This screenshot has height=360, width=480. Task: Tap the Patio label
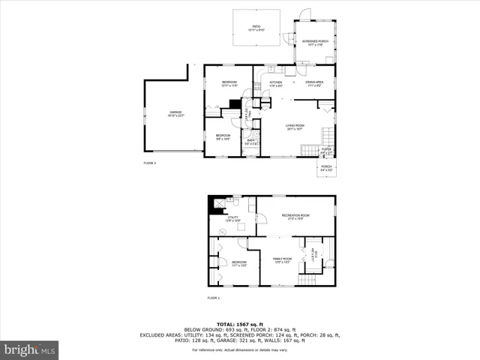pos(256,28)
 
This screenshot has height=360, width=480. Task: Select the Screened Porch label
pos(315,43)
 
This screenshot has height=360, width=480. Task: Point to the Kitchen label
pos(276,83)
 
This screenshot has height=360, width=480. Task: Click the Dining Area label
pos(314,83)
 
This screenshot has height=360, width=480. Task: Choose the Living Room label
pos(294,127)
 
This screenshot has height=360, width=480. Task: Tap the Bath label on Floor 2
pos(250,142)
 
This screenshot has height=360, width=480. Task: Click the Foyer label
pos(326,151)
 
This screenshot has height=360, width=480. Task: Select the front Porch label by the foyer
pos(326,169)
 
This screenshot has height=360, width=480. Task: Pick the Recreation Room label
pos(295,217)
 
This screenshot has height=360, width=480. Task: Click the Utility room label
pos(234,219)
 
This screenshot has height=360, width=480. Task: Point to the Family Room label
pos(281,260)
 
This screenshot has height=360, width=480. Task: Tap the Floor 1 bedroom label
pos(238,263)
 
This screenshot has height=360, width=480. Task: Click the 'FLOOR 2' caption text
pos(150,163)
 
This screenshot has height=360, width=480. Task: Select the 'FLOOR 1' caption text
pos(214,298)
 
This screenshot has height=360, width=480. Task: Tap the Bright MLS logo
pos(30,349)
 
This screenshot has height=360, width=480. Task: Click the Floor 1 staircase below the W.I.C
pos(308,280)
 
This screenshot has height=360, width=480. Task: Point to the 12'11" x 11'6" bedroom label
pos(229,83)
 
